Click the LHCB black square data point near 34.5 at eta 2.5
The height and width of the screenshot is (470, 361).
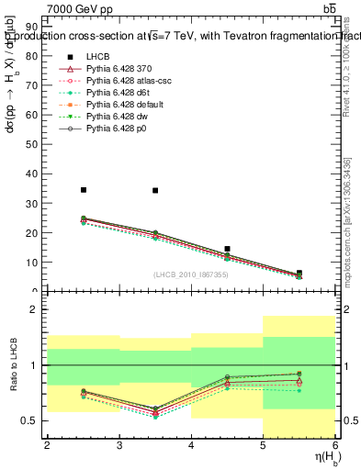coord(83,190)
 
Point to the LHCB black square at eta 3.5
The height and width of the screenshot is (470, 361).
coord(155,190)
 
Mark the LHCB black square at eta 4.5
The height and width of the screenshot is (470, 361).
coord(227,249)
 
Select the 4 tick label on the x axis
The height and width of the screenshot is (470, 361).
coord(191,445)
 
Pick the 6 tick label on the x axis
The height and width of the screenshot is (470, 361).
coord(335,445)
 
